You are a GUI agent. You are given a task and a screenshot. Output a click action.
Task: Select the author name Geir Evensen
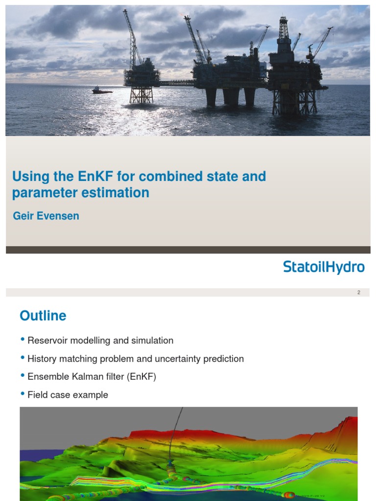click(x=46, y=216)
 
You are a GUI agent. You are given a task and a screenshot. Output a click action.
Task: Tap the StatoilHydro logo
click(x=324, y=267)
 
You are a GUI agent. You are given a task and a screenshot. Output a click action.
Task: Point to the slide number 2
click(x=359, y=293)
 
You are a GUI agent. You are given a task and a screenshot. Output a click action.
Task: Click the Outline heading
click(x=43, y=316)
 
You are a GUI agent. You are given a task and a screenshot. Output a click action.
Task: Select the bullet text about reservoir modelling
click(x=100, y=341)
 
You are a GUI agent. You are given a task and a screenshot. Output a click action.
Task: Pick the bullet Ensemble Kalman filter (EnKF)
click(x=92, y=377)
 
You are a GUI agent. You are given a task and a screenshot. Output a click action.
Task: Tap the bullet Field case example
click(x=68, y=395)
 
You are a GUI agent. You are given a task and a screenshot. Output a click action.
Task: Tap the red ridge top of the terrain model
click(x=162, y=433)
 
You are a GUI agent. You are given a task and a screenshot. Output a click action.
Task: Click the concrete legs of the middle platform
click(x=230, y=96)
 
